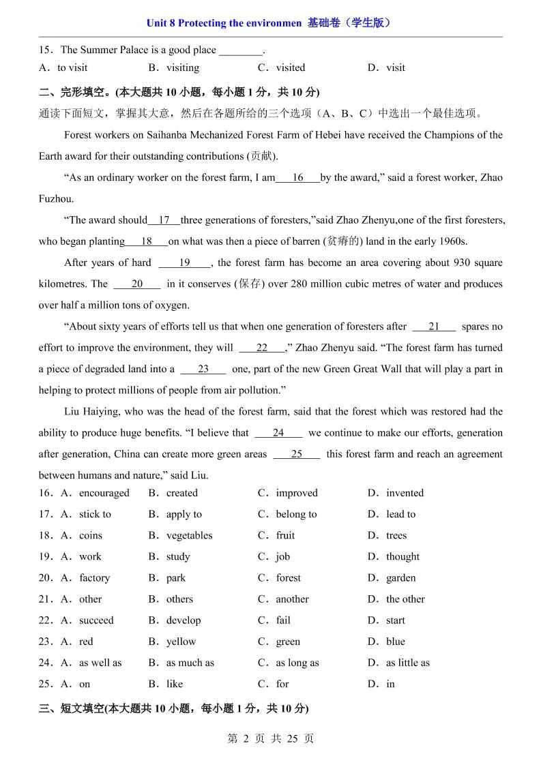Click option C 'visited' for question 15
pos(290,67)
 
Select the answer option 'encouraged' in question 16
pos(104,493)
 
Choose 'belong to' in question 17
pos(296,514)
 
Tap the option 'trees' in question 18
pos(396,535)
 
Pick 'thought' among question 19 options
pos(403,556)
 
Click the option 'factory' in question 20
pos(94,577)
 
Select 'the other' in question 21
pos(405,599)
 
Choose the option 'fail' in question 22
pos(283,620)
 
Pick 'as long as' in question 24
pos(297,663)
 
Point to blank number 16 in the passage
pos(297,178)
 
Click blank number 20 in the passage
pos(137,284)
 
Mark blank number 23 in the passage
pos(203,369)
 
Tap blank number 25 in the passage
pos(296,454)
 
